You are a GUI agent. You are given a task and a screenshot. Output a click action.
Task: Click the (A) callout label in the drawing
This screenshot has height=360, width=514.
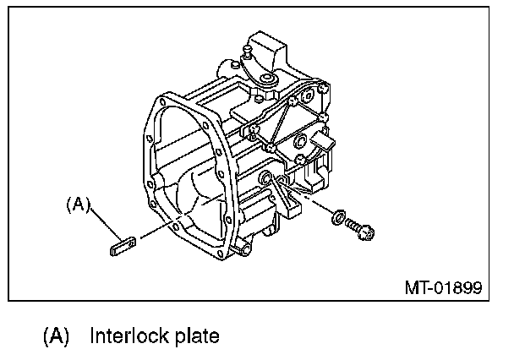[x=79, y=205]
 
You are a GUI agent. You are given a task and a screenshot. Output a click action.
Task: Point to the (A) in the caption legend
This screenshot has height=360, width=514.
[x=57, y=336]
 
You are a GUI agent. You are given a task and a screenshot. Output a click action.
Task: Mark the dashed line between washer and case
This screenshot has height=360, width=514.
[x=313, y=205]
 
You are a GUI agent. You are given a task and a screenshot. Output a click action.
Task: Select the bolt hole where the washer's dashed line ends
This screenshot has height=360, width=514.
[x=268, y=178]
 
